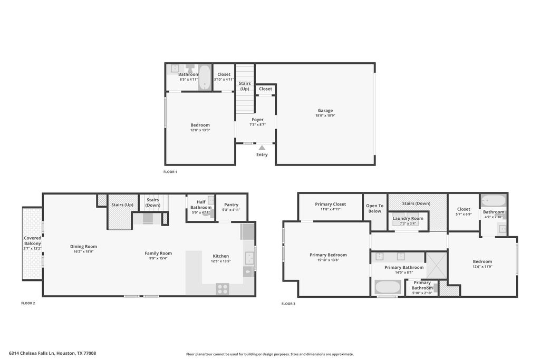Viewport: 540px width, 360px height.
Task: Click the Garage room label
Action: click(325, 111)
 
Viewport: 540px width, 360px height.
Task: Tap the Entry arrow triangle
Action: click(262, 148)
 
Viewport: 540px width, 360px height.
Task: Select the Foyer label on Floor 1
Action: click(257, 120)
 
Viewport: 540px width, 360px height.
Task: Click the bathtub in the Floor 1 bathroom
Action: click(205, 77)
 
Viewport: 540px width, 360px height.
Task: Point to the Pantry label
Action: click(231, 205)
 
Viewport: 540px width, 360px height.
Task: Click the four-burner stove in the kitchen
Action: click(223, 289)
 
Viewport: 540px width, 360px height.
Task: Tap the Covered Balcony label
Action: click(32, 240)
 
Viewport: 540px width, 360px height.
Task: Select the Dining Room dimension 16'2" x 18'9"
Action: click(84, 251)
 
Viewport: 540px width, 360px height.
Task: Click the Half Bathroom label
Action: click(201, 205)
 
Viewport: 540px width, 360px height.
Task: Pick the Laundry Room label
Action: click(408, 218)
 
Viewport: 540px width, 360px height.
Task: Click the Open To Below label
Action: click(375, 208)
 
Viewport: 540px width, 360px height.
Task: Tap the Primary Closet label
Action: click(330, 204)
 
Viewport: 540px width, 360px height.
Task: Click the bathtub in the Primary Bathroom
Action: click(388, 287)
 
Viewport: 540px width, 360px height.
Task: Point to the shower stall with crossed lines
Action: click(436, 265)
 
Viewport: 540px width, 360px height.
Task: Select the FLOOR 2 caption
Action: click(28, 303)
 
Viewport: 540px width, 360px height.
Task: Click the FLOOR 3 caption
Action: click(288, 304)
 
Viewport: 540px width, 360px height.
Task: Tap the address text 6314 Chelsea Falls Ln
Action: click(32, 353)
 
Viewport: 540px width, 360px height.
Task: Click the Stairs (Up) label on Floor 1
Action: click(245, 86)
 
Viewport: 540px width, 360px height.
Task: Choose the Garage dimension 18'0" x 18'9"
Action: click(325, 115)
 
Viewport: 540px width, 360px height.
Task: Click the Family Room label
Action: click(158, 254)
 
